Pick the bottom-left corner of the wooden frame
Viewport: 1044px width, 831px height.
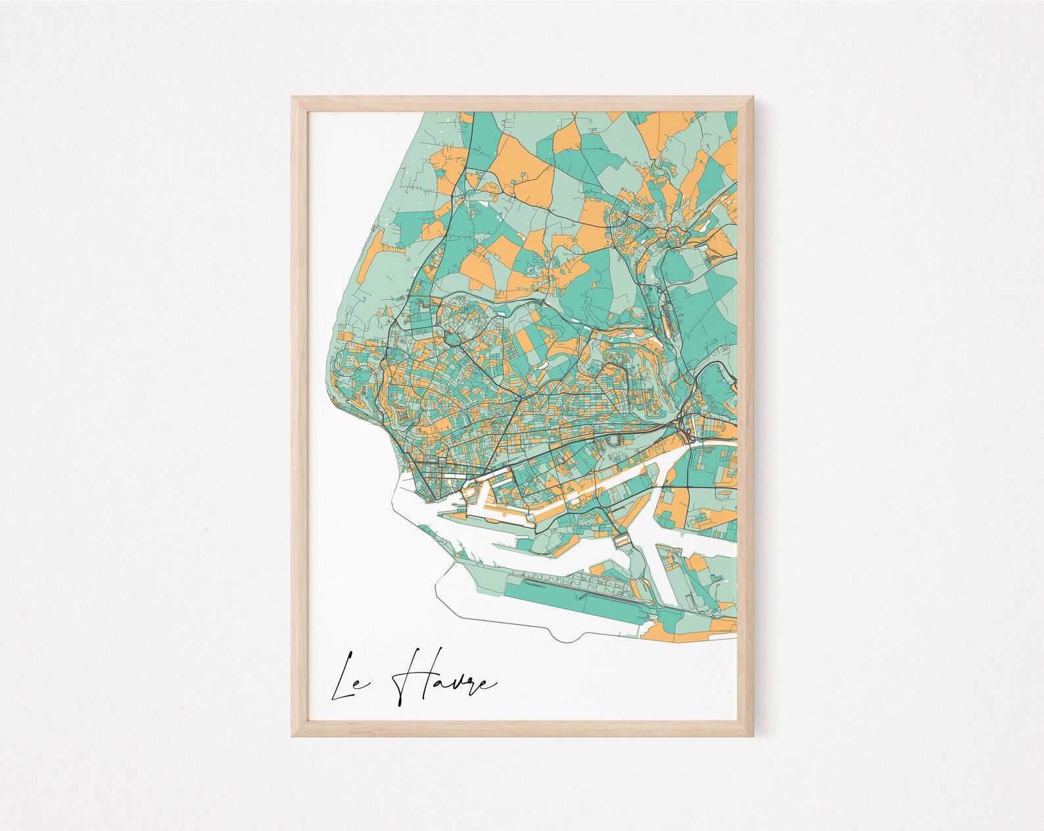295,733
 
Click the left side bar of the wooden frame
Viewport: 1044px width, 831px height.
300,414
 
